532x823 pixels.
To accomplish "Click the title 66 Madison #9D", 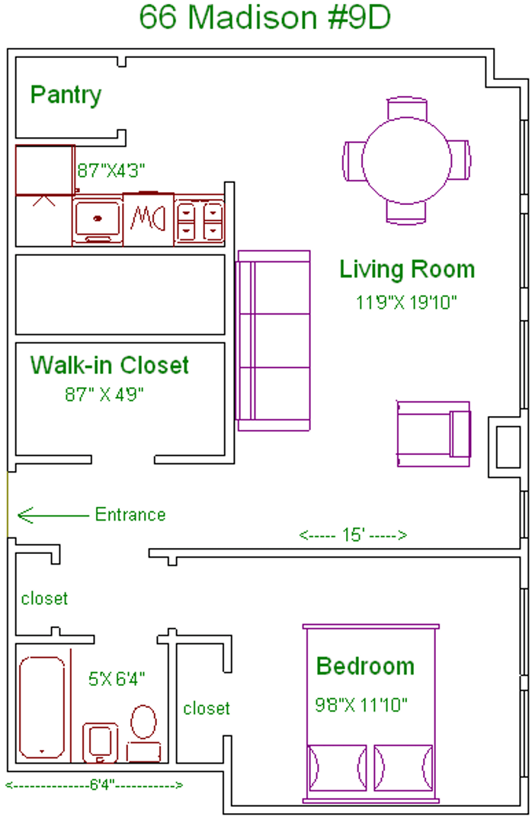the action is pyautogui.click(x=265, y=17).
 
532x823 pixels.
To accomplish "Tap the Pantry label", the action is pyautogui.click(x=66, y=95).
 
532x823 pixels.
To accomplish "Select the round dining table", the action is pyautogui.click(x=406, y=160).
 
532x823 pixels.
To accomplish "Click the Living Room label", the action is pyautogui.click(x=407, y=269).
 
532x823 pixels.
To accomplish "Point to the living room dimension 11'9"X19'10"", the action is pyautogui.click(x=406, y=303).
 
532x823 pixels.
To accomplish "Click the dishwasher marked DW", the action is pyautogui.click(x=148, y=219).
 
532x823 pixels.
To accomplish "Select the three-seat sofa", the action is pyautogui.click(x=273, y=341).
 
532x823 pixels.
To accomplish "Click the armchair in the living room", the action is pyautogui.click(x=433, y=434).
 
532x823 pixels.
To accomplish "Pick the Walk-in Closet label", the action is pyautogui.click(x=109, y=365).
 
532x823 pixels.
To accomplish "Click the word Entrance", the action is pyautogui.click(x=130, y=514).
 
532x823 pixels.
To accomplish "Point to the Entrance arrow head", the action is pyautogui.click(x=19, y=515).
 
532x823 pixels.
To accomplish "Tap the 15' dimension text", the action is pyautogui.click(x=354, y=535).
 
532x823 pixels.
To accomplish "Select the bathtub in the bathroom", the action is pyautogui.click(x=42, y=707).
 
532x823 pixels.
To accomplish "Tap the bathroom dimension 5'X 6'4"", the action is pyautogui.click(x=116, y=679).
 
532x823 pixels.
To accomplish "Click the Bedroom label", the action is pyautogui.click(x=366, y=667).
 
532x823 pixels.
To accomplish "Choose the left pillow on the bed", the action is pyautogui.click(x=337, y=767).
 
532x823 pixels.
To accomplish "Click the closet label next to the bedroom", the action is pyautogui.click(x=207, y=709).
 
